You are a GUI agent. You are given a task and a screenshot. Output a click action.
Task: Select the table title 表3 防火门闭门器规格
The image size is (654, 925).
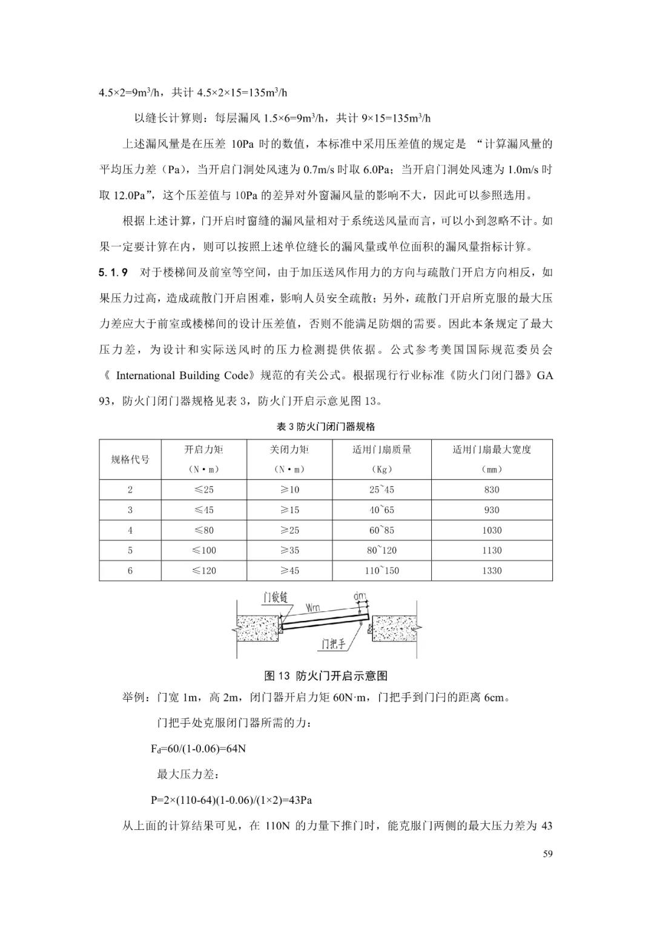326,426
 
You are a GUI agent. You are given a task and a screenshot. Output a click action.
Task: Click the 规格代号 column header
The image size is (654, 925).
130,459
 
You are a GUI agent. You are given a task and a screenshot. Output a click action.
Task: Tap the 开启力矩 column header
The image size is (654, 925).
204,449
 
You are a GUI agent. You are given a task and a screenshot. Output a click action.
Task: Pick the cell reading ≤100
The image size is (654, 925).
204,551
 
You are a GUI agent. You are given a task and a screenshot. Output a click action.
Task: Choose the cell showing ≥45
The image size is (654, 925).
289,571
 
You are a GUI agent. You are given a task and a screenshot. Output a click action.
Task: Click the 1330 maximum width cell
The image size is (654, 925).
492,571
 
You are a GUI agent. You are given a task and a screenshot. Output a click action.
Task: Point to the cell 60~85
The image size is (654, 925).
381,530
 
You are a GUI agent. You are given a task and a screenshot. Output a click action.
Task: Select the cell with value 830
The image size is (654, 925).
492,489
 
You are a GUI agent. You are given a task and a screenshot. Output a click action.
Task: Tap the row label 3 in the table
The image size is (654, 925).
130,510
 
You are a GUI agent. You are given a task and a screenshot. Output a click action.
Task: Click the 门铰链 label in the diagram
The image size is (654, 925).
275,598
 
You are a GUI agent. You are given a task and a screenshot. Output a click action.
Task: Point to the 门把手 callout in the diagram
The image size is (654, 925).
334,643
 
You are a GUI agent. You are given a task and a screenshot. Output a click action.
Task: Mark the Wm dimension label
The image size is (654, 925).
313,607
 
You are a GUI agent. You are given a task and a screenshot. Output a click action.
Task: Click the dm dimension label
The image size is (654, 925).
360,597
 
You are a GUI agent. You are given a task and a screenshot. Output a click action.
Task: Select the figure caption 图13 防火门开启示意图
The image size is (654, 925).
326,676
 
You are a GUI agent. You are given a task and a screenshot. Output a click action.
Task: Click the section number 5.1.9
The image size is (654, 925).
113,273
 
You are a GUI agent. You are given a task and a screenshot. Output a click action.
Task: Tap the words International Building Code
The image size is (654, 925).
182,376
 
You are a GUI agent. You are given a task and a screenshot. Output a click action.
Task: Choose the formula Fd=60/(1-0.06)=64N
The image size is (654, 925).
198,749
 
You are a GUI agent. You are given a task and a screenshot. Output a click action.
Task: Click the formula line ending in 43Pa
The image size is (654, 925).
231,800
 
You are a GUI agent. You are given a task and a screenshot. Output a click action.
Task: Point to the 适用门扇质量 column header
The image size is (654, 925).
381,449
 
